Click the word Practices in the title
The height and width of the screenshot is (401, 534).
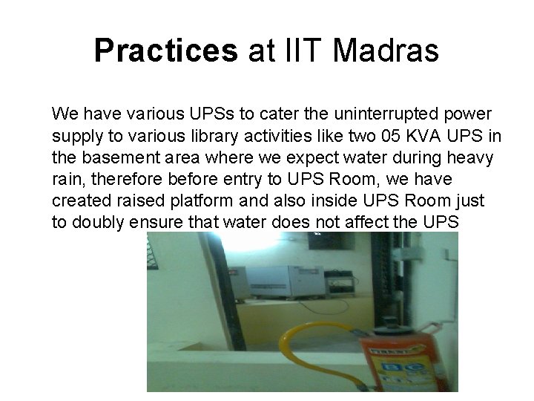165,51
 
